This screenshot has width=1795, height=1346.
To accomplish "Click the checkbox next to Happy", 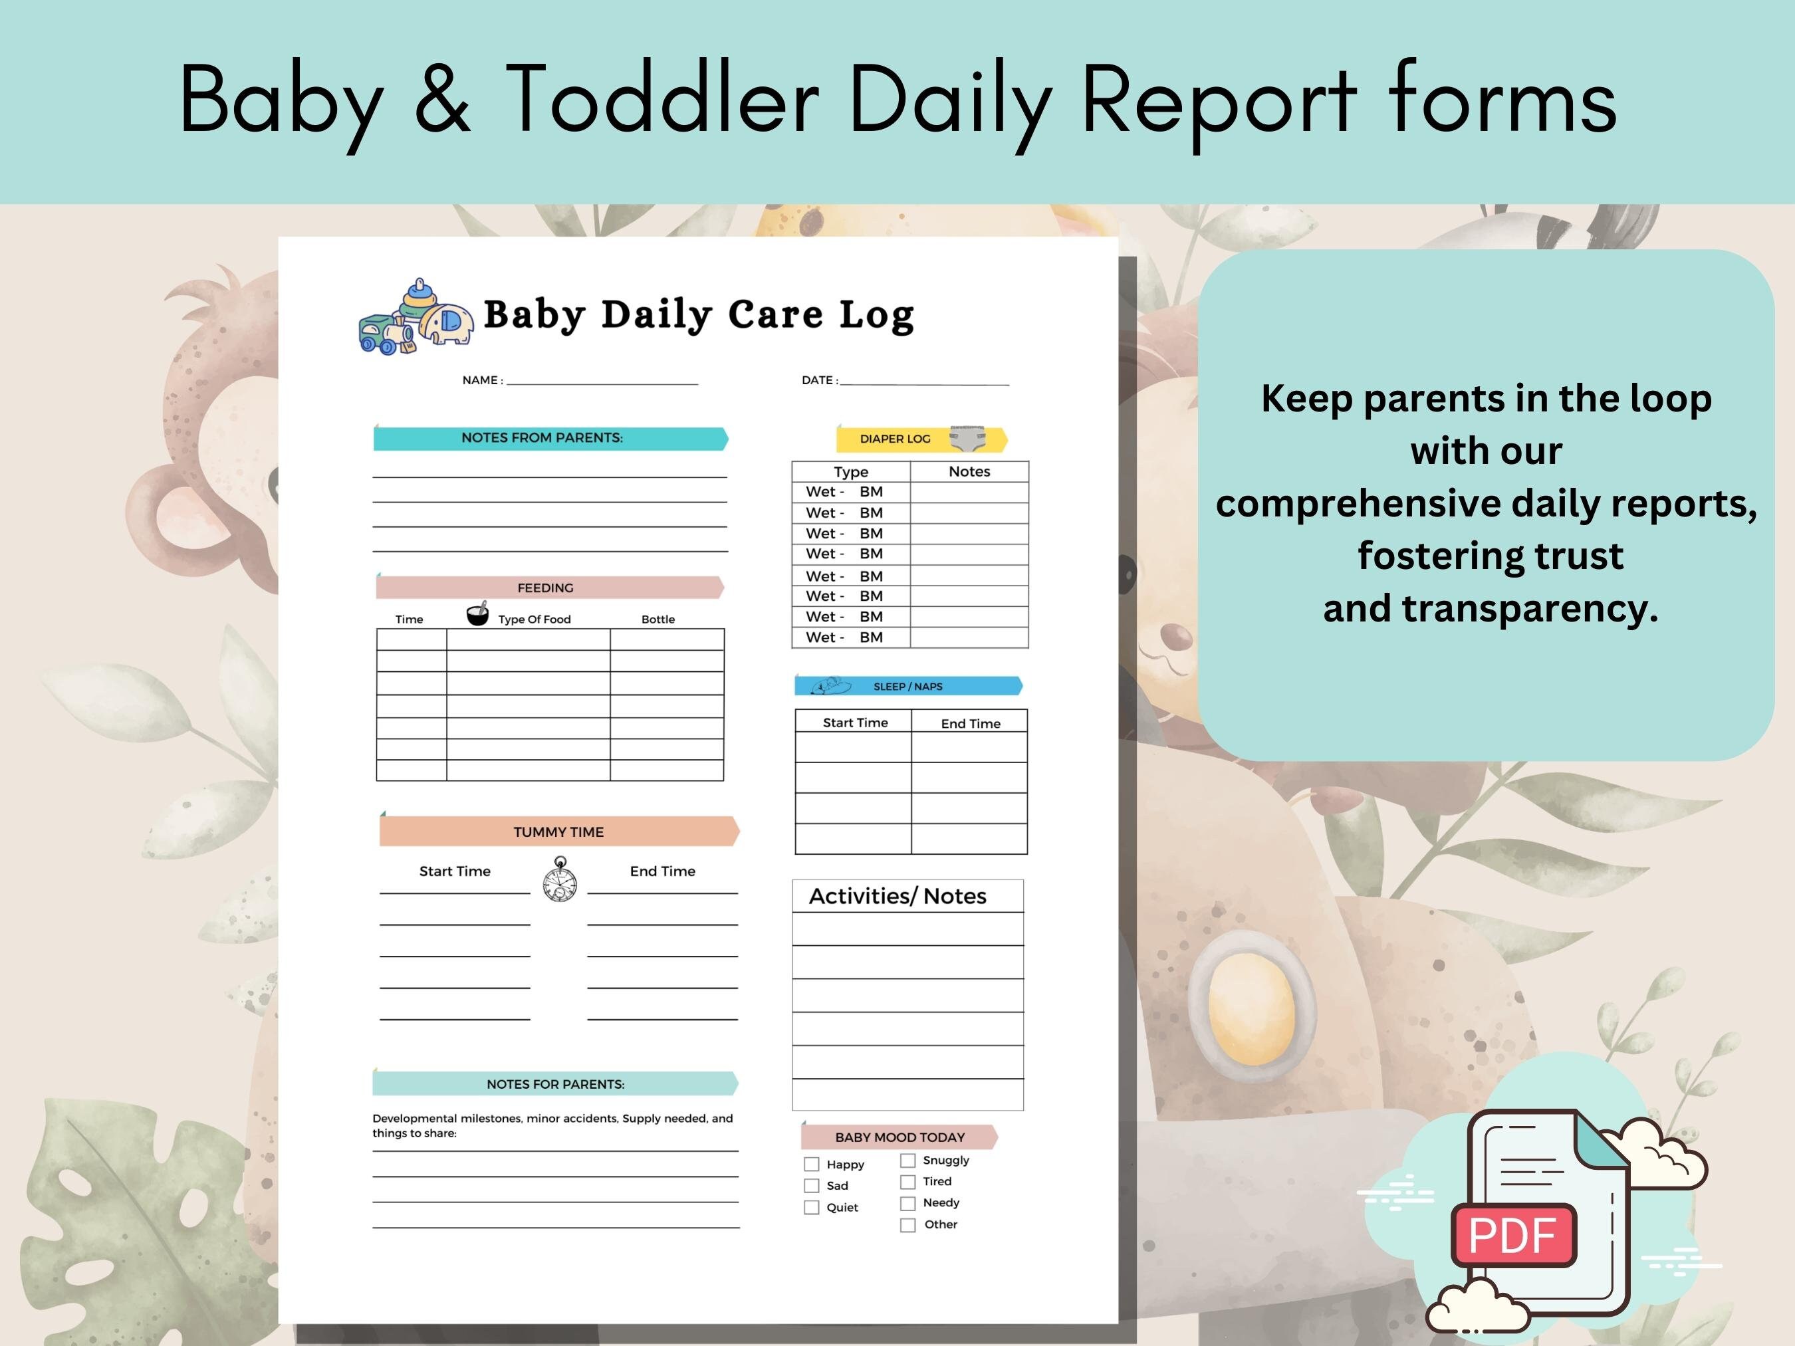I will tap(812, 1165).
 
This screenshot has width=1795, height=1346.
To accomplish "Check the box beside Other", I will tap(908, 1225).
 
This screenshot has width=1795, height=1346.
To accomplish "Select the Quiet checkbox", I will tap(812, 1207).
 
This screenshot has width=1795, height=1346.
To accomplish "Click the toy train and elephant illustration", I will tap(416, 317).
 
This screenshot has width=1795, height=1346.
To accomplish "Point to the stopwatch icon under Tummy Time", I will tap(560, 879).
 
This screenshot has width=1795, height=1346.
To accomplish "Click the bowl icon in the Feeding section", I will tap(478, 614).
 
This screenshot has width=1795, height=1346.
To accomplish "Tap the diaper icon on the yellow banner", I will tap(967, 438).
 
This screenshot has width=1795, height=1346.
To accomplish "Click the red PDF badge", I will tap(1512, 1235).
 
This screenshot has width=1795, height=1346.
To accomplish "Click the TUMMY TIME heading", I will tap(558, 832).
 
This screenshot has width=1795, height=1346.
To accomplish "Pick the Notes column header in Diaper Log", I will tap(969, 471).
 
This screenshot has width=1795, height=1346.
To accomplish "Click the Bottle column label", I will tap(658, 619).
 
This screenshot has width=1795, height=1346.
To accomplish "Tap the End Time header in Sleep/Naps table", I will tap(971, 723).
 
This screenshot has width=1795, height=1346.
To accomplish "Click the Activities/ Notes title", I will tap(898, 896).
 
